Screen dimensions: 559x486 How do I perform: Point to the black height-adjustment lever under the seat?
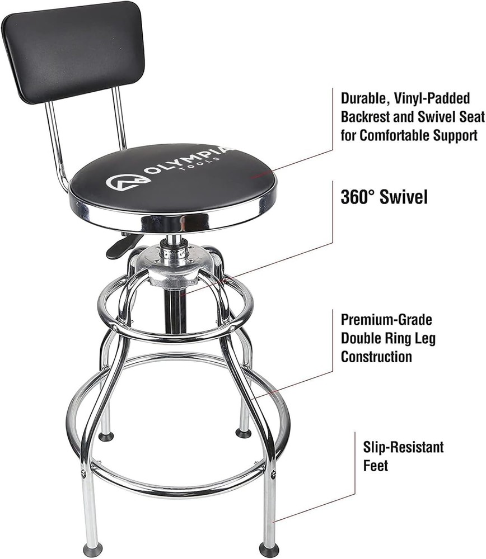pos(121,248)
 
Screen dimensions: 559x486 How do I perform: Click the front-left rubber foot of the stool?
pos(92,548)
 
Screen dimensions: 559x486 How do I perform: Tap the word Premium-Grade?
pos(387,320)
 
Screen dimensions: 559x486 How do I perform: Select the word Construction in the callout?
pos(377,356)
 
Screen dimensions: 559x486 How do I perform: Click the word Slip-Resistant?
pos(403,447)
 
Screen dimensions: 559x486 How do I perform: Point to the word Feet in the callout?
pos(376,465)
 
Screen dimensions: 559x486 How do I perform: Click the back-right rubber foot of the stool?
pos(243,433)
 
